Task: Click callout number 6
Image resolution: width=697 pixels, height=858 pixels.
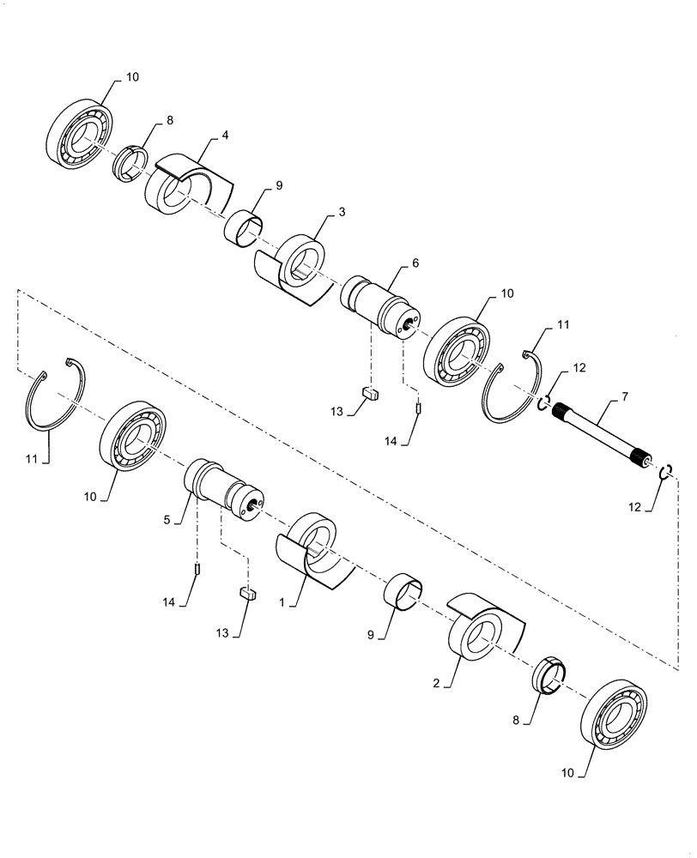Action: [x=415, y=265]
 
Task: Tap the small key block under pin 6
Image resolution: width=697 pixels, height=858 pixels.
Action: [x=371, y=393]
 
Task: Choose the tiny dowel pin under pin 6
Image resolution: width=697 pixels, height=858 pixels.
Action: [x=418, y=408]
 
